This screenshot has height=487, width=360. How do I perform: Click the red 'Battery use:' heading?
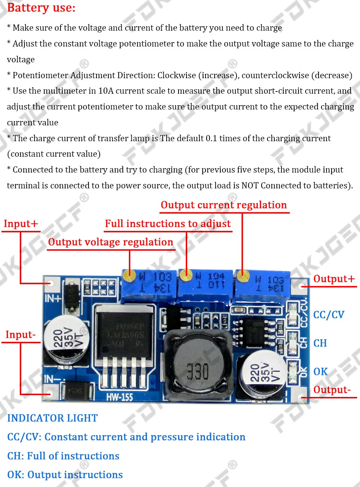pyautogui.click(x=41, y=8)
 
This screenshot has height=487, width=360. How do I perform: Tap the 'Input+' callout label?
pyautogui.click(x=21, y=224)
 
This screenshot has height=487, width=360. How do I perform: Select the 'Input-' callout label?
pyautogui.click(x=21, y=335)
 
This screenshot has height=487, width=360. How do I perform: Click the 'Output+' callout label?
pyautogui.click(x=334, y=279)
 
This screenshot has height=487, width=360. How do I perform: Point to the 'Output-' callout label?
pyautogui.click(x=332, y=390)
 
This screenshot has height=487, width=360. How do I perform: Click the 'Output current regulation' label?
pyautogui.click(x=224, y=205)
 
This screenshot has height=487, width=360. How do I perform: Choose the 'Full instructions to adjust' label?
pyautogui.click(x=168, y=224)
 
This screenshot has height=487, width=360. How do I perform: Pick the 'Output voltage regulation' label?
pyautogui.click(x=111, y=242)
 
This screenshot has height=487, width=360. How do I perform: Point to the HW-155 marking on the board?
pyautogui.click(x=120, y=397)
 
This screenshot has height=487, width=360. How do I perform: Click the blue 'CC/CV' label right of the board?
pyautogui.click(x=329, y=315)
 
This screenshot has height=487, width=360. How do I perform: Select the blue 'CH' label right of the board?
pyautogui.click(x=320, y=343)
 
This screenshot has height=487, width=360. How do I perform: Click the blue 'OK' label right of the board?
pyautogui.click(x=320, y=371)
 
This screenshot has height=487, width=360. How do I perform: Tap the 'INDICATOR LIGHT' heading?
pyautogui.click(x=53, y=418)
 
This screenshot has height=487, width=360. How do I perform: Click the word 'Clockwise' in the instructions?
pyautogui.click(x=177, y=75)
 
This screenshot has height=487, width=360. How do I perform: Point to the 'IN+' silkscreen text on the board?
pyautogui.click(x=53, y=299)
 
